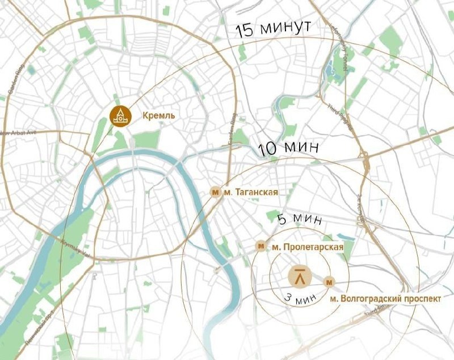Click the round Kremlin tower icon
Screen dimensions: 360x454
(x=119, y=115)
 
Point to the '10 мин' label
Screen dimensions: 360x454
(x=285, y=149)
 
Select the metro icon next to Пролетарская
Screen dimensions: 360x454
(x=260, y=246)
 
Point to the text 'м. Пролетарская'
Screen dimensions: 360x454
(x=307, y=247)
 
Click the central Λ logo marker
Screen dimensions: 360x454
(x=300, y=277)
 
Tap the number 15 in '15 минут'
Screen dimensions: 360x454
(x=246, y=30)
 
